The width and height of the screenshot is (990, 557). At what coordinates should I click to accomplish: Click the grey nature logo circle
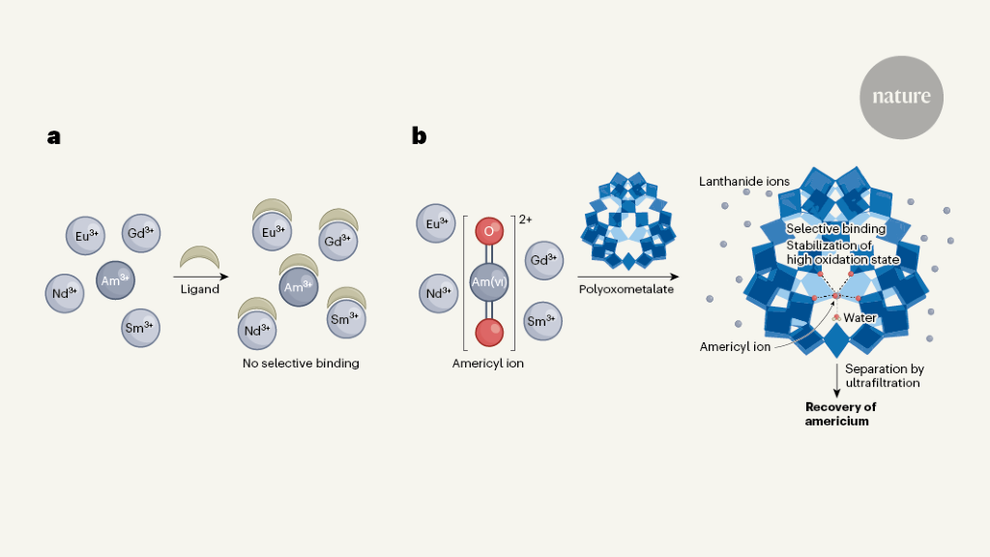click(901, 98)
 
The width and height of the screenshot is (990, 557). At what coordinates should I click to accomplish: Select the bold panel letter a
click(54, 136)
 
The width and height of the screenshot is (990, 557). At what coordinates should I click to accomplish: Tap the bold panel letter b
click(420, 135)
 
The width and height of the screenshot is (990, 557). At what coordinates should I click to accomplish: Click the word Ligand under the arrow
click(200, 289)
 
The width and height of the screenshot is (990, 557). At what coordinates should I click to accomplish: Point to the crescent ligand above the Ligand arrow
click(199, 254)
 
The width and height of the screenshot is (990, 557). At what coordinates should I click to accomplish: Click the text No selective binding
click(301, 364)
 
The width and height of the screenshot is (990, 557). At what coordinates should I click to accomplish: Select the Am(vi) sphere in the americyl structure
click(488, 281)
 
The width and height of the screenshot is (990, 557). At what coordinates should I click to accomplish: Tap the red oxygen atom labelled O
click(489, 231)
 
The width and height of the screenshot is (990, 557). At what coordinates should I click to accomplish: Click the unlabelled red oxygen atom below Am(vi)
click(489, 333)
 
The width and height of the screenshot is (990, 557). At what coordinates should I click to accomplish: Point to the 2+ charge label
click(525, 220)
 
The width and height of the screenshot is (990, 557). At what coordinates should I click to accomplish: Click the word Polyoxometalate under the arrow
click(626, 289)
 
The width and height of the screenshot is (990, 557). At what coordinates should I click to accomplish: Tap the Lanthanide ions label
click(744, 181)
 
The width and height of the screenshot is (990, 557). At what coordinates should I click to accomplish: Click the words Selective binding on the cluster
click(836, 228)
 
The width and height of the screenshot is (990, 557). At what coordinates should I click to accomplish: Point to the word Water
click(859, 317)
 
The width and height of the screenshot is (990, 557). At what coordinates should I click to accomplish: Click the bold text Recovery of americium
click(840, 414)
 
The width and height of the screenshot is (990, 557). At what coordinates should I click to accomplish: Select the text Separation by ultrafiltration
click(884, 376)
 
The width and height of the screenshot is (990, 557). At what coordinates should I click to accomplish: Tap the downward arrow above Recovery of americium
click(837, 381)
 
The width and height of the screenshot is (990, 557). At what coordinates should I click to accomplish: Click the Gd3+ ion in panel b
click(544, 260)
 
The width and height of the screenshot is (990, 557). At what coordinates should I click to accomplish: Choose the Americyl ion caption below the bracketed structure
click(488, 364)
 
